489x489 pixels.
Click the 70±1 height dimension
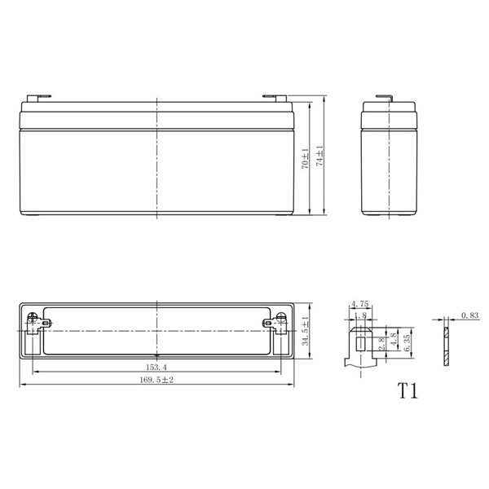pos(306,159)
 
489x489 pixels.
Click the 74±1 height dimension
pos(320,156)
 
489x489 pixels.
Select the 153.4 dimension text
pos(156,367)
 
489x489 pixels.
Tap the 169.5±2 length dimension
pos(156,380)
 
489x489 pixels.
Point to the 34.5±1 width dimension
pos(306,331)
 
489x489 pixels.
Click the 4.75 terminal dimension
pos(360,303)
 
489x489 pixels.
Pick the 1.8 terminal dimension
pos(360,315)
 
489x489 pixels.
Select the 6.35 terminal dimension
pos(407,343)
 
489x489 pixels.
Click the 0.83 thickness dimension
pos(469,315)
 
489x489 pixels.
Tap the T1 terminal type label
pos(407,390)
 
